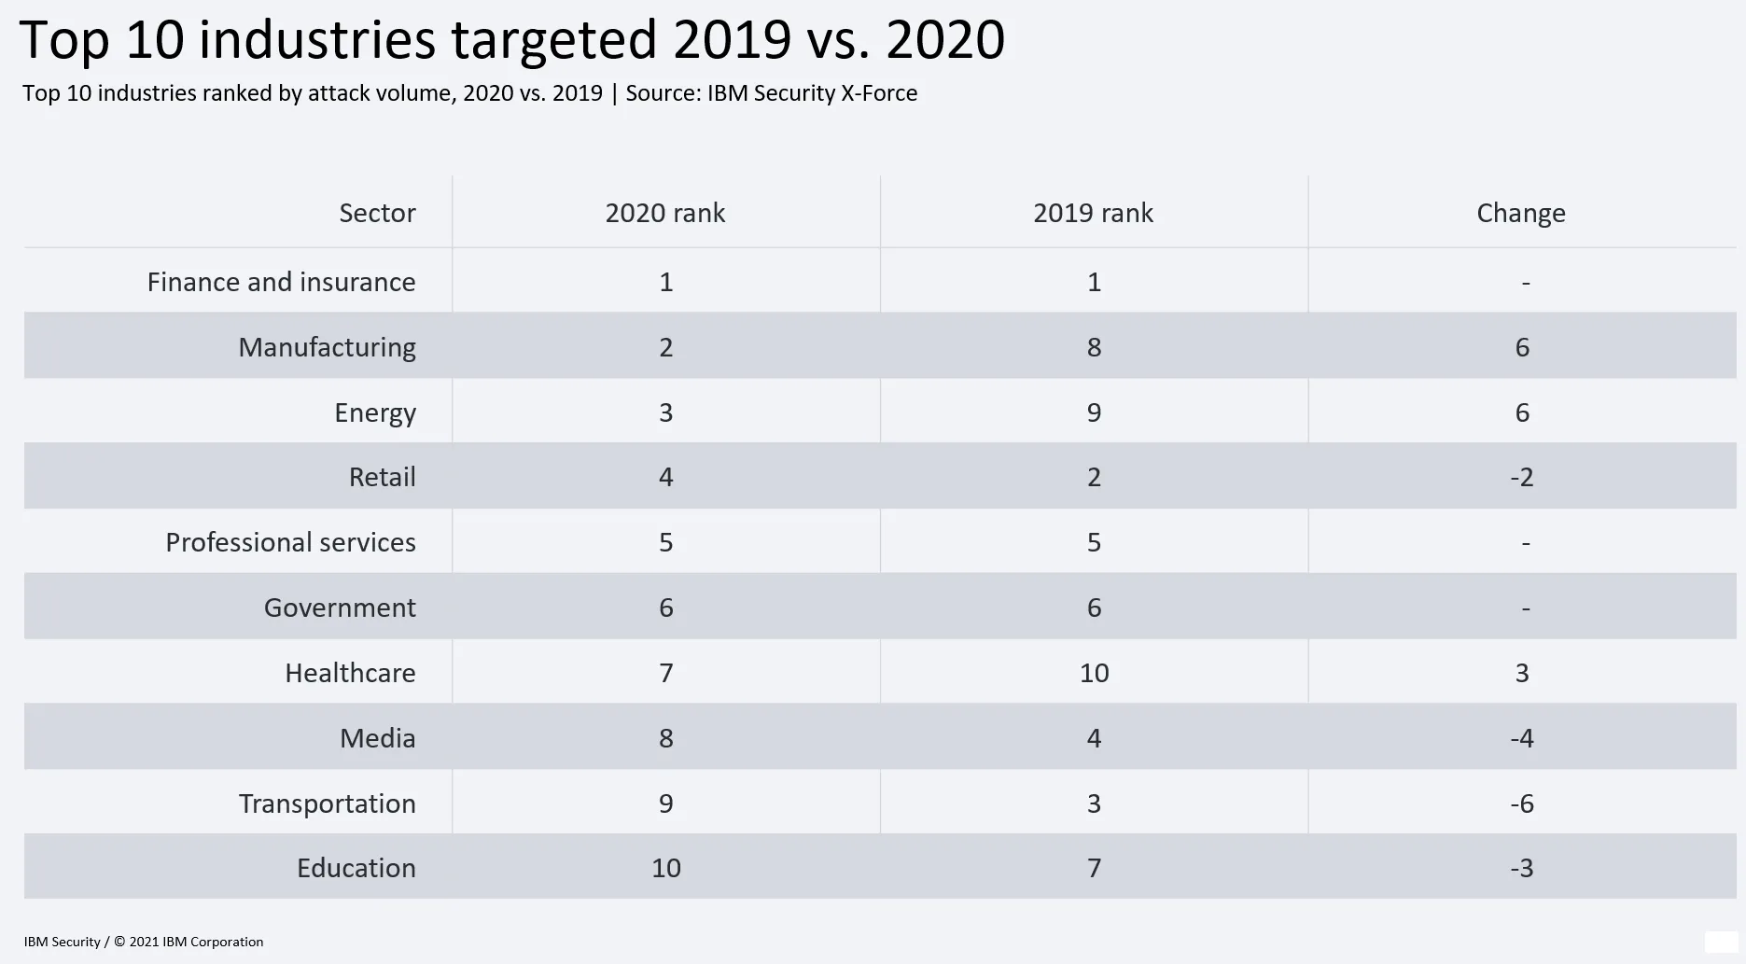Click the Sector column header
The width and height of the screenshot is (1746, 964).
(x=377, y=213)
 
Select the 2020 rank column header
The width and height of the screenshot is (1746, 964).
(x=665, y=213)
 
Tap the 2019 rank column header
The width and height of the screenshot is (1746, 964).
(x=1093, y=213)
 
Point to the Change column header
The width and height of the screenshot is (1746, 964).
(x=1521, y=213)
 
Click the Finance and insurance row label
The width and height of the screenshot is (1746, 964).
(x=281, y=282)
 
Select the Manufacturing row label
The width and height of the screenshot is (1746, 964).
(x=327, y=347)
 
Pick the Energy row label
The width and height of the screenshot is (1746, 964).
(x=375, y=412)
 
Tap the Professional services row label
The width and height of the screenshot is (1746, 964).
(x=290, y=542)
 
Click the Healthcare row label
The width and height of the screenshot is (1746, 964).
(x=350, y=673)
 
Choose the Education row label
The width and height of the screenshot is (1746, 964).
(x=356, y=868)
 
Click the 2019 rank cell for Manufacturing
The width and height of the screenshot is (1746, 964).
(x=1094, y=347)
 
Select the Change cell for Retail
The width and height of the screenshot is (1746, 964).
(x=1522, y=477)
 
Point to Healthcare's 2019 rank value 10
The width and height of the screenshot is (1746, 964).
(x=1094, y=673)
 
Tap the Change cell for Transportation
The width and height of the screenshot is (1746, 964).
(x=1522, y=803)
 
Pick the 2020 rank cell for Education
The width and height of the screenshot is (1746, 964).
(x=666, y=868)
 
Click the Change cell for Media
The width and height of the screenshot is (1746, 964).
(x=1522, y=738)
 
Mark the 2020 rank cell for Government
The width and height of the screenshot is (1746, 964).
(x=666, y=608)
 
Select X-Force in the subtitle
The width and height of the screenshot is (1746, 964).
(x=879, y=93)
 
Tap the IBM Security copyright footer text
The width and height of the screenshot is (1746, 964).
(x=144, y=942)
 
